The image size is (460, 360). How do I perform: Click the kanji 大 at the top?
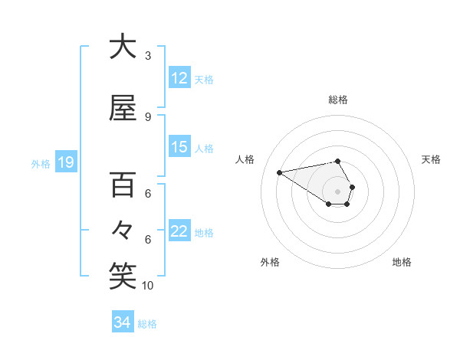point(123,47)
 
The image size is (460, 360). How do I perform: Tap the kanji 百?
point(123,185)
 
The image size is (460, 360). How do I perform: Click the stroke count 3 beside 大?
point(148,56)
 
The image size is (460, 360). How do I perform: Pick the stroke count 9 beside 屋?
point(148,117)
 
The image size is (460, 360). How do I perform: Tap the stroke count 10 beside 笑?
point(148,286)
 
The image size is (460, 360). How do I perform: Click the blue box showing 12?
point(179,78)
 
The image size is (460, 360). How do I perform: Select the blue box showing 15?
point(179,147)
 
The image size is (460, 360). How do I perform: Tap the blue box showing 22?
point(179,231)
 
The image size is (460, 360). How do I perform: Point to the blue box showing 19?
point(65,162)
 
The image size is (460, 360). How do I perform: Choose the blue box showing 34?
point(122,322)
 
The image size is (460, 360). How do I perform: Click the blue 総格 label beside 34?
point(147,324)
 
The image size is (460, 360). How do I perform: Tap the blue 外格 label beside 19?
point(40,163)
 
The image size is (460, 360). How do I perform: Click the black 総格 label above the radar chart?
point(338,100)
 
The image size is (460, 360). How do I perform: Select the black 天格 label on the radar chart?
point(431,159)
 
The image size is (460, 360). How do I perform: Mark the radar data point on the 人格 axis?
point(280,172)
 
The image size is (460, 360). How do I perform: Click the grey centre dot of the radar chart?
point(337,191)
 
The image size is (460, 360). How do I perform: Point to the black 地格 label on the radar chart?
point(402,262)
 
